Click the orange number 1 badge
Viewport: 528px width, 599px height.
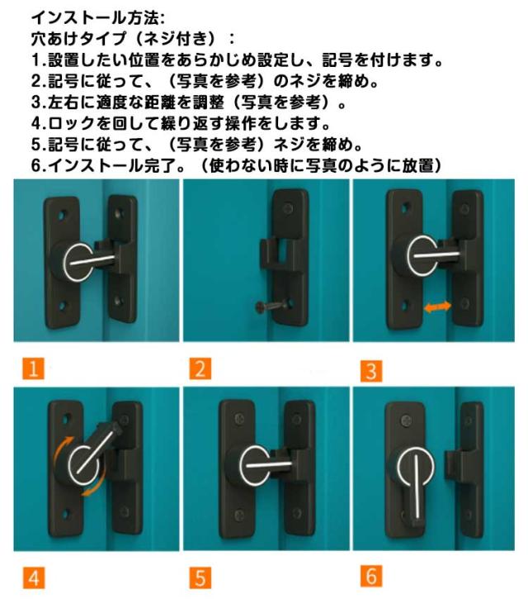tap(34, 368)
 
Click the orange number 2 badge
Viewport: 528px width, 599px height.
tap(200, 368)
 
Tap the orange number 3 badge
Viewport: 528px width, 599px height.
tap(371, 371)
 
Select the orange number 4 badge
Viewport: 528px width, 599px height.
tap(34, 578)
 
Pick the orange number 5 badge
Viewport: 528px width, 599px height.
tap(200, 578)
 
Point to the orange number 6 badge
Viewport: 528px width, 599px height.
tap(371, 575)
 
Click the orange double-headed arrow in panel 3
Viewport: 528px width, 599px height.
tap(437, 307)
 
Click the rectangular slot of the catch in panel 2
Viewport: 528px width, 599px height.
tap(283, 251)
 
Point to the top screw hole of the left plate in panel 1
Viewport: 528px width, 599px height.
tap(62, 214)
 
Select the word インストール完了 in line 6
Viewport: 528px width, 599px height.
tap(111, 165)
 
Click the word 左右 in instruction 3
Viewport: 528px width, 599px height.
tap(64, 102)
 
